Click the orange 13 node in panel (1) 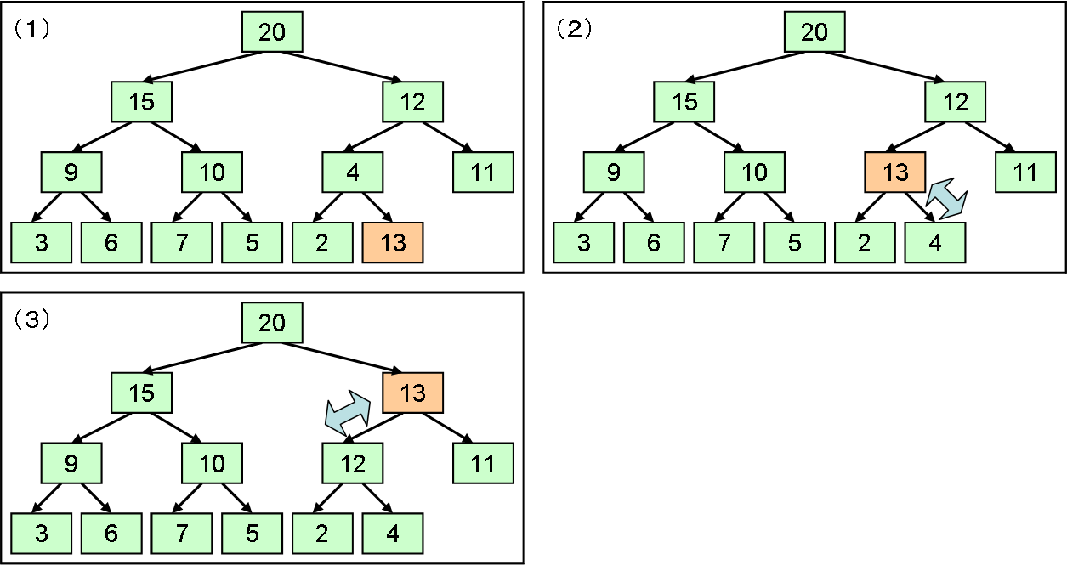pos(393,242)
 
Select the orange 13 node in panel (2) pos(895,172)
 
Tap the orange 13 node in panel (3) pos(412,393)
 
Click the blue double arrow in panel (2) pos(946,199)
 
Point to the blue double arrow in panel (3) pos(348,413)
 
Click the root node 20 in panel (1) pos(272,31)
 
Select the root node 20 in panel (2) pos(814,31)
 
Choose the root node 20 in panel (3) pos(272,322)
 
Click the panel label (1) pos(31,30)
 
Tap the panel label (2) pos(574,30)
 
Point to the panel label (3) pos(31,320)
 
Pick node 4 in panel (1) pos(353,172)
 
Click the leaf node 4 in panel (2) pos(935,242)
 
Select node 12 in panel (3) pos(353,463)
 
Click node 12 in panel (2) pos(955,102)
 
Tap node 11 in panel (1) pos(483,172)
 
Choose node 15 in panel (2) pos(684,102)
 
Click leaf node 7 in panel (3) pos(181,533)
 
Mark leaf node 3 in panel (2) pos(583,242)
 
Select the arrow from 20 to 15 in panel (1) pos(202,66)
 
